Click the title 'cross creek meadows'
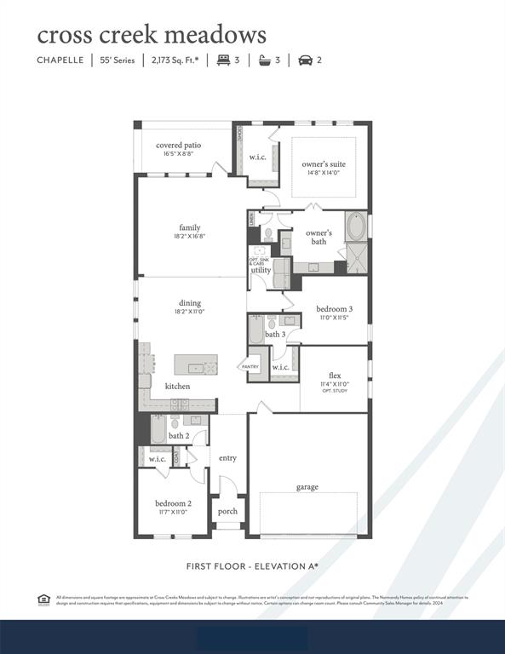[152, 35]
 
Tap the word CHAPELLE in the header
[60, 60]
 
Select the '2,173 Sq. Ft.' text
[175, 60]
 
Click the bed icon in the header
[223, 60]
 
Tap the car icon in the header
[306, 60]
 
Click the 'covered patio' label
[178, 146]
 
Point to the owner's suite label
[324, 163]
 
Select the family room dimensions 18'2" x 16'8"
[189, 236]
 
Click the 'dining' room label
[189, 302]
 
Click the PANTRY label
[250, 366]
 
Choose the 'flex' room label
[335, 375]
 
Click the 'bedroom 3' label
[334, 308]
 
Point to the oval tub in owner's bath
[356, 227]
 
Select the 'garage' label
[307, 487]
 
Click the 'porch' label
[227, 511]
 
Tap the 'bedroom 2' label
[173, 503]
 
